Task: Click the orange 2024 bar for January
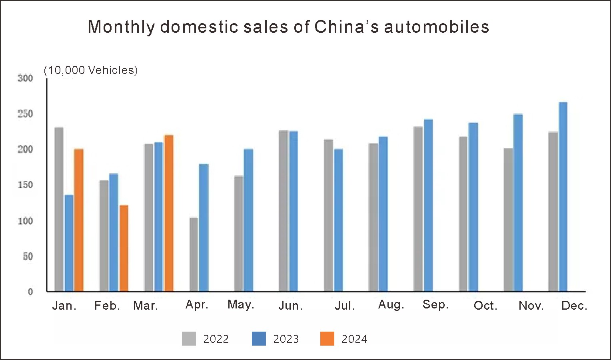click(x=79, y=220)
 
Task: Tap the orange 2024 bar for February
click(x=124, y=248)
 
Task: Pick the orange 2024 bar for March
click(x=169, y=213)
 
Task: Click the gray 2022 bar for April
click(x=194, y=255)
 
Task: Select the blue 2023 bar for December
click(x=563, y=197)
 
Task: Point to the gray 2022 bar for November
click(x=508, y=220)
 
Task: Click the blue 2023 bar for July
click(x=338, y=220)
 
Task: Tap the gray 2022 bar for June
click(x=284, y=211)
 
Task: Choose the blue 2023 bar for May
click(x=248, y=220)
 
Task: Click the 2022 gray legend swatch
click(x=189, y=338)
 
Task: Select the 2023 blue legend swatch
click(x=259, y=338)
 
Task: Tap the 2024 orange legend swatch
click(x=327, y=338)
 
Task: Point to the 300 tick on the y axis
click(x=26, y=78)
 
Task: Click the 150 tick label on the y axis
click(x=26, y=185)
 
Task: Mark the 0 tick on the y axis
click(x=30, y=292)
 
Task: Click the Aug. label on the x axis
click(x=391, y=305)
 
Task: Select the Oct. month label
click(x=485, y=306)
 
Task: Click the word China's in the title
click(x=346, y=27)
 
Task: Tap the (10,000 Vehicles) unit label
click(x=91, y=70)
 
